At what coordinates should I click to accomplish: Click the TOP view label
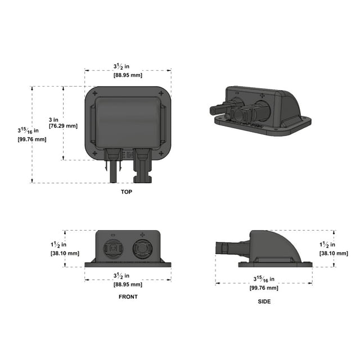point(126,192)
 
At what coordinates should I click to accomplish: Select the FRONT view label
point(128,296)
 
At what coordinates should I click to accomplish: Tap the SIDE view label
point(264,301)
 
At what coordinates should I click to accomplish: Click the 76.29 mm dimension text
point(64,126)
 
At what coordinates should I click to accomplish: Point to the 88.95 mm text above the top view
point(128,75)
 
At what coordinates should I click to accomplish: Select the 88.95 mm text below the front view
point(128,284)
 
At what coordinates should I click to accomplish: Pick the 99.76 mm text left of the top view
point(32,139)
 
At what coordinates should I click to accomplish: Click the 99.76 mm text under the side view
point(264,287)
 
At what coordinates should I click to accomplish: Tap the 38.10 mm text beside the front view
point(65,253)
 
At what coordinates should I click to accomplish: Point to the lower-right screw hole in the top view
point(161,153)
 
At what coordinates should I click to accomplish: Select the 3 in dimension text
point(53,119)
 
